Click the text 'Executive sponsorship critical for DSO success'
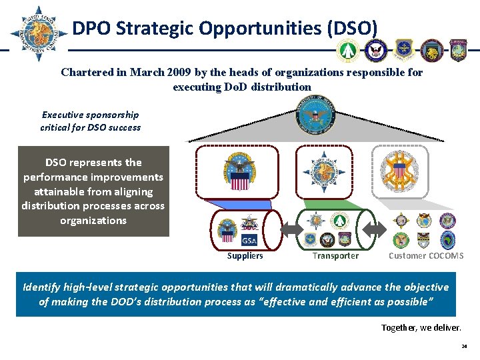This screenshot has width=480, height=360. [x=91, y=121]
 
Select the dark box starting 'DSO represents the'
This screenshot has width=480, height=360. [x=93, y=191]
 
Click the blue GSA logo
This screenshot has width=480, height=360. [x=249, y=241]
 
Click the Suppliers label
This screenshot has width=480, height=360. [x=245, y=256]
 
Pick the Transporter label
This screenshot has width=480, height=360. [x=335, y=256]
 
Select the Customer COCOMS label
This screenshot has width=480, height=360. [x=425, y=256]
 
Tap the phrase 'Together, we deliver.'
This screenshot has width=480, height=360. [x=420, y=327]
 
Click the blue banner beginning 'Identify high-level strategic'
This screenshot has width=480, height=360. [x=235, y=294]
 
